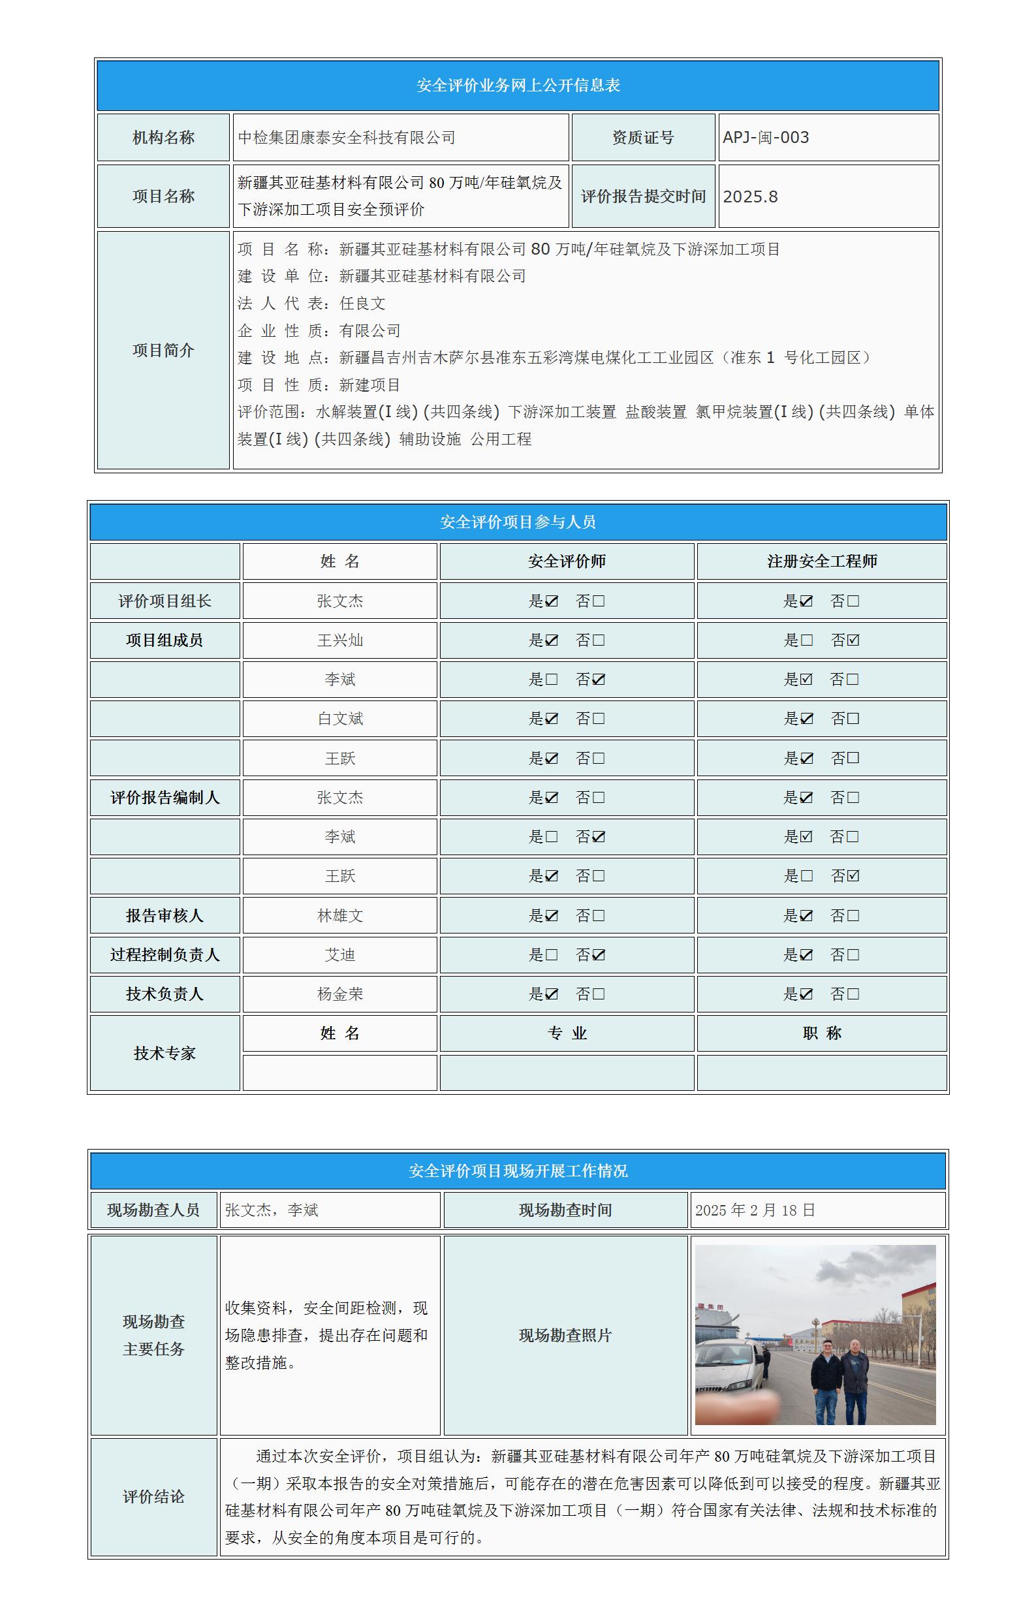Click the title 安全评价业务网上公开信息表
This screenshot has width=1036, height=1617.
click(518, 86)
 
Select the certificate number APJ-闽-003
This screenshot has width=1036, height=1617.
click(766, 138)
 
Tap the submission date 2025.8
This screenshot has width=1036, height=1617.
click(750, 196)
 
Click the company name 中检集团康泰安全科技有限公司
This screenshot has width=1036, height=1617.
click(347, 138)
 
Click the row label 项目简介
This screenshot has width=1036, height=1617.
click(163, 351)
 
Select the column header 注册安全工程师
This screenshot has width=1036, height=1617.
click(821, 561)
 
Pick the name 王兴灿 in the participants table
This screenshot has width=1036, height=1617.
click(339, 640)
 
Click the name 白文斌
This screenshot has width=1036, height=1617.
click(339, 719)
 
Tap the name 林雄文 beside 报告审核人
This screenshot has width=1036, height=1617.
click(339, 915)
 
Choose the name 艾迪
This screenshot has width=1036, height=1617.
click(339, 955)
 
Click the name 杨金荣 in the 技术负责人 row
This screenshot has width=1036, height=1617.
click(339, 994)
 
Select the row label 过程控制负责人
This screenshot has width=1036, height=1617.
click(165, 955)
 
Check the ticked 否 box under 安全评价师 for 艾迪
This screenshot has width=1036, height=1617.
click(599, 955)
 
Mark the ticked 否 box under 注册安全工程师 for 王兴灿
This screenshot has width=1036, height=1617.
click(853, 640)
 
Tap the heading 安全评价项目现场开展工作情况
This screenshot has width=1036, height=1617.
click(518, 1171)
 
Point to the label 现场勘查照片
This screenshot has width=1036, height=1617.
click(565, 1336)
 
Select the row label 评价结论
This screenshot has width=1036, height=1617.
click(153, 1497)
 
